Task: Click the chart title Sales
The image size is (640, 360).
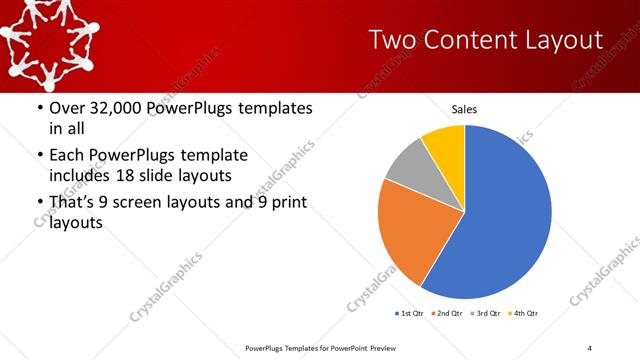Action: click(x=464, y=108)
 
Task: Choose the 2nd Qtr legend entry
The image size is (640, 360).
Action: click(x=448, y=314)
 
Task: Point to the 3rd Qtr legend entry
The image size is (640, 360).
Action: click(x=486, y=314)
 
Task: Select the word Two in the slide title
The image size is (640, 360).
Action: click(x=389, y=40)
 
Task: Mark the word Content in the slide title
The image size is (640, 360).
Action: click(x=469, y=40)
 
